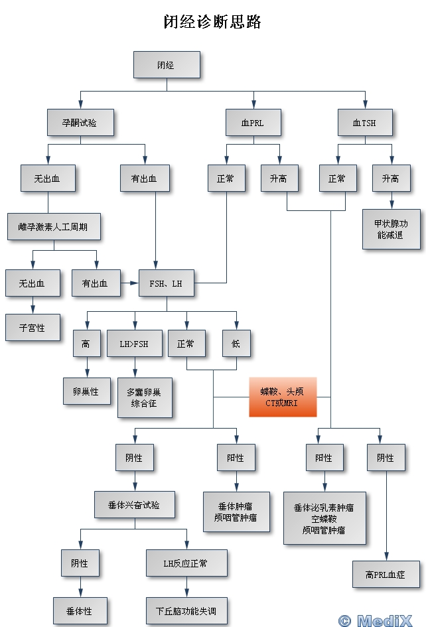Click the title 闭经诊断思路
212,22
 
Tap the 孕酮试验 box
80,123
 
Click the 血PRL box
253,123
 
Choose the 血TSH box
364,123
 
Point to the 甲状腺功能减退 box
391,229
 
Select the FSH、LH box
166,283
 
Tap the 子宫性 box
32,327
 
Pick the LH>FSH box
135,344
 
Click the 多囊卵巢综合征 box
144,397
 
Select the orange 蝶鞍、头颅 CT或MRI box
282,397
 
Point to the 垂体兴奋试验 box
135,504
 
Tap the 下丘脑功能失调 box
186,610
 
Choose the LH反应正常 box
186,563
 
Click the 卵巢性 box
86,391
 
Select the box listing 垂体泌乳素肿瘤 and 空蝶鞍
324,518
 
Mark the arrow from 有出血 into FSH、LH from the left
130,283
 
